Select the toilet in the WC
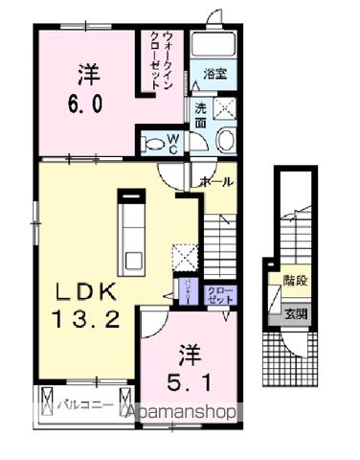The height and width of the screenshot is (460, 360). tap(154, 145)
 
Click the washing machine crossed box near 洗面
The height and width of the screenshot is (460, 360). tap(226, 108)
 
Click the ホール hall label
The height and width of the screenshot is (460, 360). tap(217, 181)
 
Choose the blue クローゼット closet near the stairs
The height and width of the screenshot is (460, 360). tap(220, 294)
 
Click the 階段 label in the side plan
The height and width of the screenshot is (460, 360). tap(295, 281)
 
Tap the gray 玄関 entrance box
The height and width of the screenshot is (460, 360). tap(295, 313)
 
